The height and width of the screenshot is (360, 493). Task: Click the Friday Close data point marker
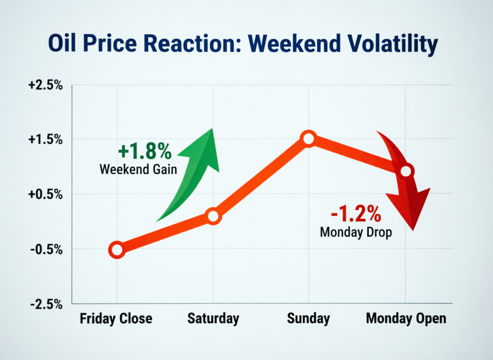coord(117,250)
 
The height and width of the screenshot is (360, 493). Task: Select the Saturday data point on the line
coord(213,216)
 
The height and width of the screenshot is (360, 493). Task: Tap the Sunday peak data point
coord(308,139)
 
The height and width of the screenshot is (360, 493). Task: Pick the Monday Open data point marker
coord(406,171)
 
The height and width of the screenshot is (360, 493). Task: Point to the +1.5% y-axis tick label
coord(45,139)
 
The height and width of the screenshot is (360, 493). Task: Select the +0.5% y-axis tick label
coord(45,194)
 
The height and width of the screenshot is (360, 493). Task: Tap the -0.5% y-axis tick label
coord(46,249)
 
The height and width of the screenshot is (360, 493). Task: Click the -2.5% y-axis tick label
coord(46,304)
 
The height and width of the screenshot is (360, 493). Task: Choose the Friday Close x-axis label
coord(116,319)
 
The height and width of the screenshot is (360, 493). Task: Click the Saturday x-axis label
coord(213,319)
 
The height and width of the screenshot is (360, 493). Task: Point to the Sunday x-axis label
coord(308,319)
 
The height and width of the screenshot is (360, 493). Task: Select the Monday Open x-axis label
coord(406,319)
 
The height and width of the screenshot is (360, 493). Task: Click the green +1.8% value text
coord(144,152)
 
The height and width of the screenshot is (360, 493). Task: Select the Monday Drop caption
coord(356,232)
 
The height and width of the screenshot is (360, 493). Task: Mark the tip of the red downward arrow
coord(413,228)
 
